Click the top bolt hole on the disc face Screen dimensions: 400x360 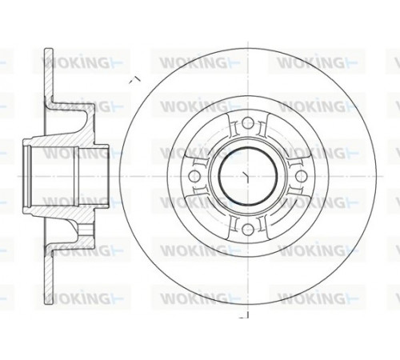pos(247,122)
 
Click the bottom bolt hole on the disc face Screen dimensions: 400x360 pos(247,228)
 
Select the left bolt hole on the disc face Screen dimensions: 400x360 pos(194,176)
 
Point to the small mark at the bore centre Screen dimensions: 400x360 pos(246,177)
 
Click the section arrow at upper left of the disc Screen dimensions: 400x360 pos(135,80)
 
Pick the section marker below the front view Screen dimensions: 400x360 pos(244,315)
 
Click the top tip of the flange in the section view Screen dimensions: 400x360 pos(49,49)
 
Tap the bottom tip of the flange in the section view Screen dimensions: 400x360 pos(49,302)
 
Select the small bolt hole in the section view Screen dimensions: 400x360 pos(86,229)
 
